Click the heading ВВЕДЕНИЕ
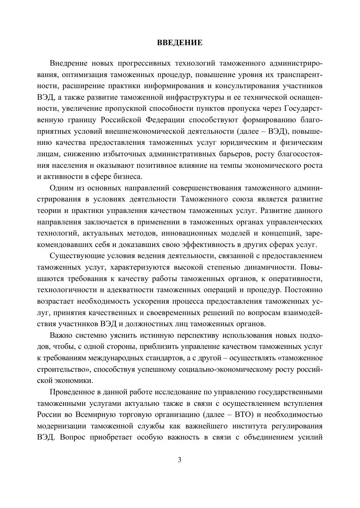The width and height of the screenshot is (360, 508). click(x=180, y=43)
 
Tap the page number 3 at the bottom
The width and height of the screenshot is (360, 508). click(x=180, y=460)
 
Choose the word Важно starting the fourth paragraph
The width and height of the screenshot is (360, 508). click(x=61, y=336)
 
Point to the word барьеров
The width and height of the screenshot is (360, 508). click(x=249, y=154)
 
